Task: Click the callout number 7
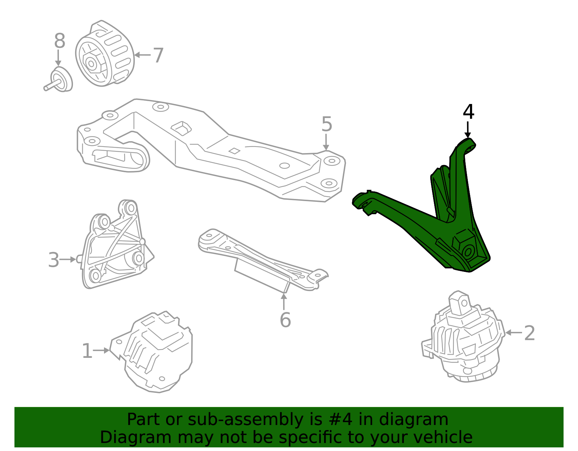tap(158, 56)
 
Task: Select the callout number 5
tap(327, 124)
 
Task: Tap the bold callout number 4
tap(468, 112)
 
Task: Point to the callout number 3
tap(53, 260)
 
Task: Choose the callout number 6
tap(285, 320)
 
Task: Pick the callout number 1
tap(87, 351)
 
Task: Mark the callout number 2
tap(529, 333)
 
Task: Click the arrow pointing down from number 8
tap(58, 58)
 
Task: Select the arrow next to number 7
tap(142, 55)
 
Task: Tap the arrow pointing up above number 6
tap(284, 301)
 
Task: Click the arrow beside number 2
tap(513, 333)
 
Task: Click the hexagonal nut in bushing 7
tap(92, 64)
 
